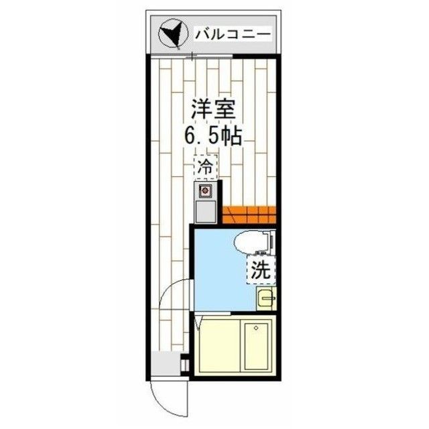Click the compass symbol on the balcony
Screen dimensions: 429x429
click(171, 33)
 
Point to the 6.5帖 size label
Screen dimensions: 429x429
click(213, 135)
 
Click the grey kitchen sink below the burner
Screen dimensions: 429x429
click(204, 212)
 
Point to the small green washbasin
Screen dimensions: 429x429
click(266, 297)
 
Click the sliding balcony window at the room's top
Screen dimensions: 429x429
click(194, 58)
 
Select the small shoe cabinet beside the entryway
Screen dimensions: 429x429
click(186, 365)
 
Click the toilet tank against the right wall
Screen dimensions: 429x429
click(270, 241)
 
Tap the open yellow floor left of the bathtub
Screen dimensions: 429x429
click(217, 349)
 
